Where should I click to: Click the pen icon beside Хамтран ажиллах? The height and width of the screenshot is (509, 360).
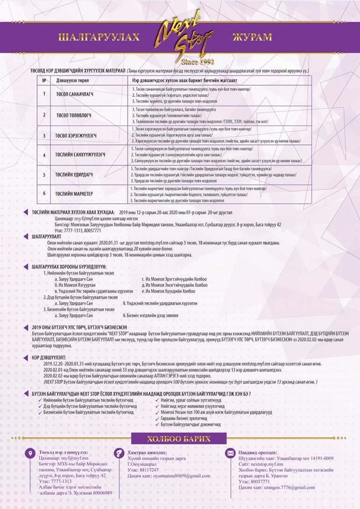tap(119, 453)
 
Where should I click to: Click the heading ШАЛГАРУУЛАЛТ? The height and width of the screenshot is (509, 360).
tap(49, 236)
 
